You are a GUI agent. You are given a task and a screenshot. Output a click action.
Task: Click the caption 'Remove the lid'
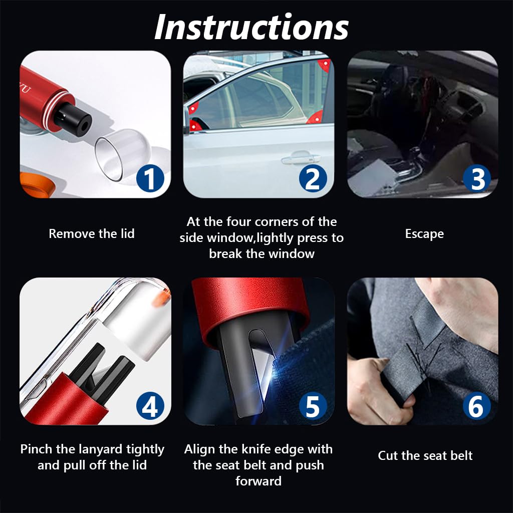(92, 233)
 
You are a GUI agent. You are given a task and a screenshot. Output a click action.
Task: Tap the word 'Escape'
(424, 233)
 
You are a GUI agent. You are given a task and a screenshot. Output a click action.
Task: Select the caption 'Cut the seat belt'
(425, 455)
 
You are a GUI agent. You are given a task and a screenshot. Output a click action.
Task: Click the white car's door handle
(294, 160)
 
